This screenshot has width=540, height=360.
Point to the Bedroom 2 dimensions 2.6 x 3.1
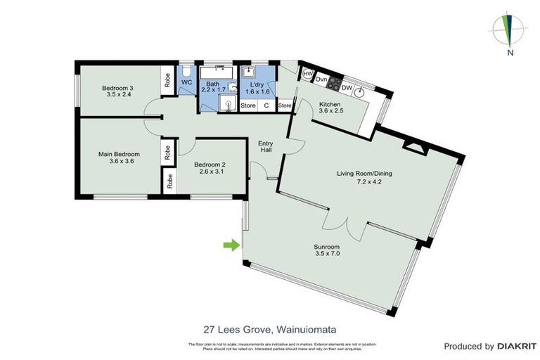point(211,172)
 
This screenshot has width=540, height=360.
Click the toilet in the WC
point(187,72)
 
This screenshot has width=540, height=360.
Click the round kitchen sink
point(361,90)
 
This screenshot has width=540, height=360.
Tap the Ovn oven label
point(321,79)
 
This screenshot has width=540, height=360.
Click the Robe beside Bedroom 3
point(167,82)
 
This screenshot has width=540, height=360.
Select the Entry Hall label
point(266,145)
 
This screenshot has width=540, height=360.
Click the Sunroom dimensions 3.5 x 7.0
point(327,254)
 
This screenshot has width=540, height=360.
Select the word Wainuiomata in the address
point(307,328)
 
